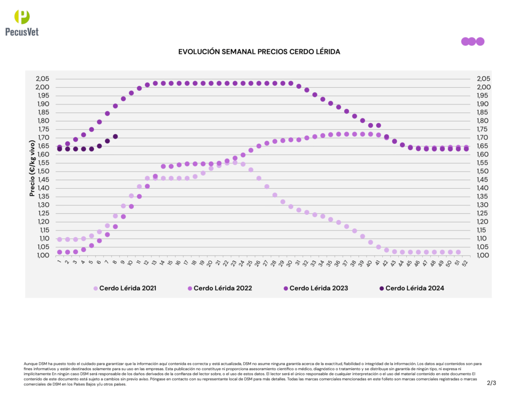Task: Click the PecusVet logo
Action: click(22, 23)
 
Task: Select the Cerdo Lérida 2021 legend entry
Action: click(127, 289)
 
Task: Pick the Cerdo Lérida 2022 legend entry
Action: click(223, 289)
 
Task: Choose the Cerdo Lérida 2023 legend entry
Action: click(318, 289)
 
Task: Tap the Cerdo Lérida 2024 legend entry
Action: click(414, 289)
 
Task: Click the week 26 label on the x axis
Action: click(258, 262)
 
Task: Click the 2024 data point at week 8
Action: click(115, 137)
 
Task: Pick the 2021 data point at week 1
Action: click(60, 240)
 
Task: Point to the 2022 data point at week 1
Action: click(60, 252)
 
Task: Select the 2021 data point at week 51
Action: click(458, 252)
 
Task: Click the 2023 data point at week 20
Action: click(211, 83)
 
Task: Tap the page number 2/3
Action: click(491, 383)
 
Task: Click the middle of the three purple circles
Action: click(472, 41)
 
